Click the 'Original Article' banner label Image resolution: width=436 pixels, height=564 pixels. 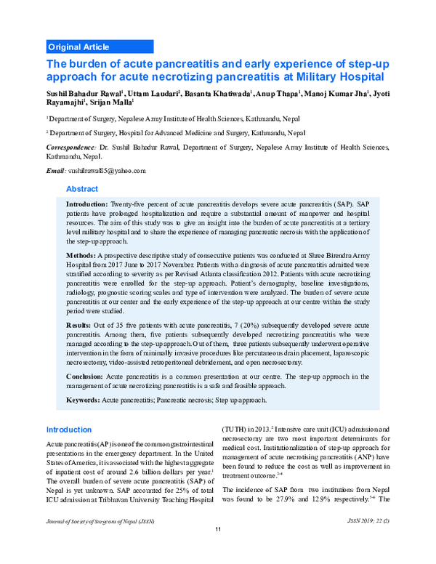click(x=78, y=47)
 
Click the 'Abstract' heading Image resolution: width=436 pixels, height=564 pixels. click(x=82, y=188)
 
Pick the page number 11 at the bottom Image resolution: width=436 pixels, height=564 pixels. click(x=217, y=548)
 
